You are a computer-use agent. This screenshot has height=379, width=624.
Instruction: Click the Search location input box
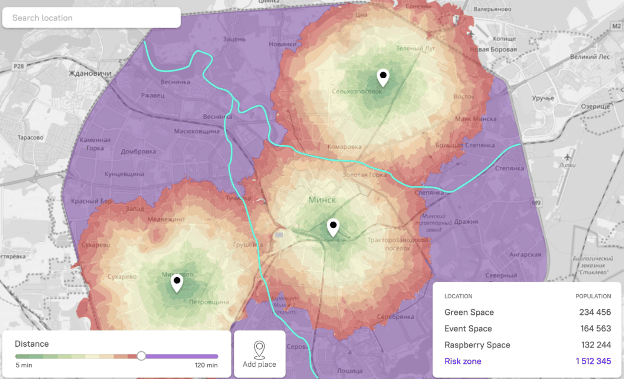(91, 18)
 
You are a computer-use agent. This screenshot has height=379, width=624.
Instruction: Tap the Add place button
(259, 354)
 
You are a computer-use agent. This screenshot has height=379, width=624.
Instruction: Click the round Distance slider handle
(141, 356)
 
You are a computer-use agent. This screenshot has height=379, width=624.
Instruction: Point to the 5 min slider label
(24, 365)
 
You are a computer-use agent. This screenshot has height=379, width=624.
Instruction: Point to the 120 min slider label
(206, 365)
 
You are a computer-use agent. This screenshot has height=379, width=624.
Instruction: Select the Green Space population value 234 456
(595, 312)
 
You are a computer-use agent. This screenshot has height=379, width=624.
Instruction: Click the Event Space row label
(468, 328)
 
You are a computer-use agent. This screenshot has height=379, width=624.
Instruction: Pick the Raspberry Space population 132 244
(596, 345)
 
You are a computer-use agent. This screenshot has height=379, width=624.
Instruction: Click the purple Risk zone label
(463, 361)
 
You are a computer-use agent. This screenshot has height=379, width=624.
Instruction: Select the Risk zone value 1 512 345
(593, 361)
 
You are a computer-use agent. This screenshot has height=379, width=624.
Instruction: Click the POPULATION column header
(593, 296)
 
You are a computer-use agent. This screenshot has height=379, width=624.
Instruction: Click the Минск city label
(322, 200)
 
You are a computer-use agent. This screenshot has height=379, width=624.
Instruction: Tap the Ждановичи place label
(90, 73)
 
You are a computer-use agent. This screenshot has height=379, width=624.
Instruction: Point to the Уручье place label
(543, 98)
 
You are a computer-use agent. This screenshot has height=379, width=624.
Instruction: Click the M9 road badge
(536, 203)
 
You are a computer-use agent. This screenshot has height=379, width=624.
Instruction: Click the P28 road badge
(19, 67)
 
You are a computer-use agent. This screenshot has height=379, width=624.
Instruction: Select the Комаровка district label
(344, 147)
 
